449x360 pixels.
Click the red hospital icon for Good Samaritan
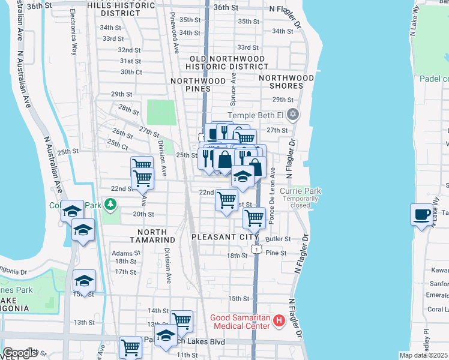pos(279,321)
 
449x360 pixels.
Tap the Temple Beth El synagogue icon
pos(292,114)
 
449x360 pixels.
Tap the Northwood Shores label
pos(287,82)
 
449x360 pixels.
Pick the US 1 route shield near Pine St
pos(256,248)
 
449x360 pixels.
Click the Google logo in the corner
pos(20,353)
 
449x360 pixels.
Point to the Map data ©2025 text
pos(423,355)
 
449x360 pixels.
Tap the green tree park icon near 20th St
pos(110,205)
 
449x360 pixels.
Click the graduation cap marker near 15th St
pos(85,281)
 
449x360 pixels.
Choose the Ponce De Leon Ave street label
pos(272,196)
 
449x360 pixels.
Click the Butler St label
pos(277,239)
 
